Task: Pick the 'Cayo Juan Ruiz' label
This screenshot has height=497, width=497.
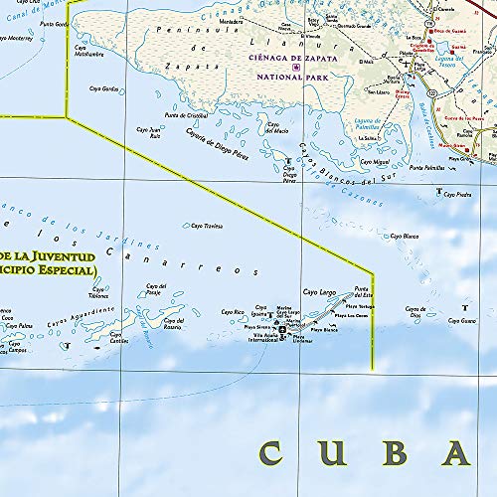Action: click(x=148, y=133)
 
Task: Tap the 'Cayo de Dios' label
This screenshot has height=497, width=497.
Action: click(x=414, y=311)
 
